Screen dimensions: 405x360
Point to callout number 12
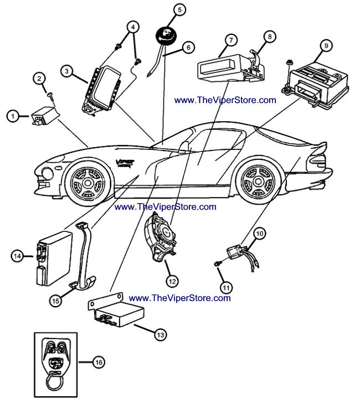[x=172, y=282]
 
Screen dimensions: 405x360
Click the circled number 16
[x=98, y=362]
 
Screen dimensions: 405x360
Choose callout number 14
[x=18, y=256]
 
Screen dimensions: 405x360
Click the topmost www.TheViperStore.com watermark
[x=225, y=101]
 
